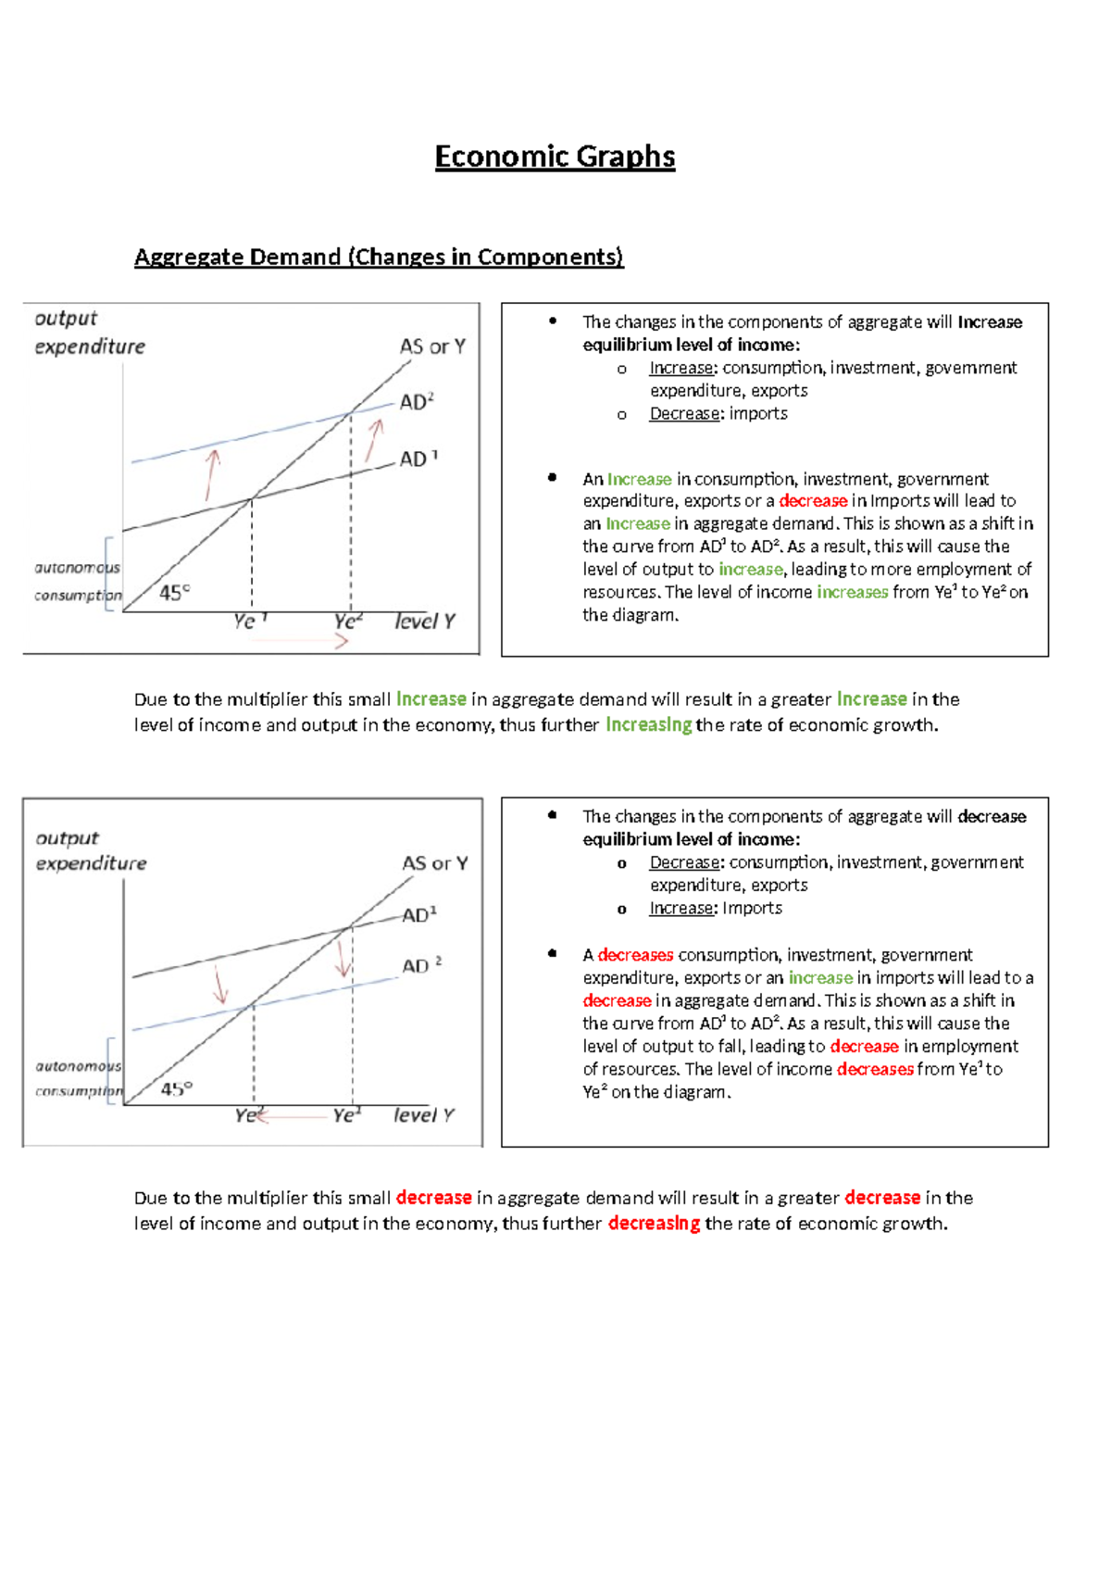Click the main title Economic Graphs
tap(555, 157)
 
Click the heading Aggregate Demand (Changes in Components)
tap(379, 257)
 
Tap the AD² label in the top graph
tap(417, 402)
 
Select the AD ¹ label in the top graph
tap(418, 459)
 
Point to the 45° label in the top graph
tap(174, 593)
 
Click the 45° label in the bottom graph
tap(177, 1089)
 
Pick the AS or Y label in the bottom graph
tap(434, 863)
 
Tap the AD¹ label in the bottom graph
tap(419, 915)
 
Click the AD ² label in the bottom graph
tap(421, 966)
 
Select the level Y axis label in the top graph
tap(425, 622)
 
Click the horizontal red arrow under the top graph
tap(301, 640)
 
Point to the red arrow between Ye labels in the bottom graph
tap(294, 1117)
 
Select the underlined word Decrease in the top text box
tap(684, 414)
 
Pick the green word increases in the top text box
tap(852, 592)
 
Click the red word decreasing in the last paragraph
tap(654, 1224)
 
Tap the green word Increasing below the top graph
tap(648, 725)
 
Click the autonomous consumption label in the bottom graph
tap(78, 1079)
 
